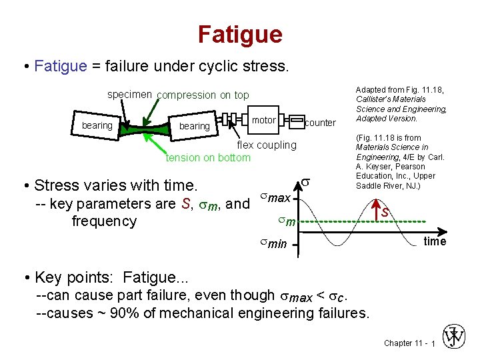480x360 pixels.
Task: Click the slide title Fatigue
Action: (240, 34)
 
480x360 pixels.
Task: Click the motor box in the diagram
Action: (264, 120)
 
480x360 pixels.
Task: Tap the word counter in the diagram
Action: (320, 123)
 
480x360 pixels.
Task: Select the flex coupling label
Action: (267, 145)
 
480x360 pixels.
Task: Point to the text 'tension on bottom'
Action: (208, 157)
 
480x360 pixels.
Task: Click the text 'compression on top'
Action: (203, 95)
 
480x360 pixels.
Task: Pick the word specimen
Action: (130, 95)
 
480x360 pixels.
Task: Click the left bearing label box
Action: (97, 125)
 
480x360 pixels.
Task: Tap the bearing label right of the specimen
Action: (194, 126)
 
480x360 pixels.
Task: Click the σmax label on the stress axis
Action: (274, 198)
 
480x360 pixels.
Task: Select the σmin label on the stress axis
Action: (273, 244)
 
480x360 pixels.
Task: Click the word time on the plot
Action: (435, 241)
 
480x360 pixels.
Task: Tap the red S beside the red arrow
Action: (385, 213)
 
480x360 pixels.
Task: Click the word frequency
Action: (104, 221)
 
